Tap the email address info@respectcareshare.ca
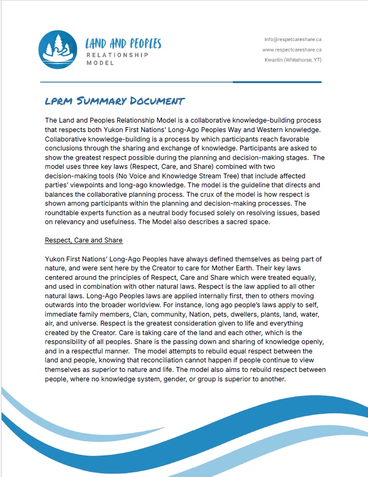point(293,39)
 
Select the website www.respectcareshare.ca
point(292,50)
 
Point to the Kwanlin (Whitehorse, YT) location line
point(293,60)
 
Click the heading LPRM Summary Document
point(115,101)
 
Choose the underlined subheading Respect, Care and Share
point(84,240)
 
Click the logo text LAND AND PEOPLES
point(124,44)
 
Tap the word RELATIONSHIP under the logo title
point(117,55)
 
